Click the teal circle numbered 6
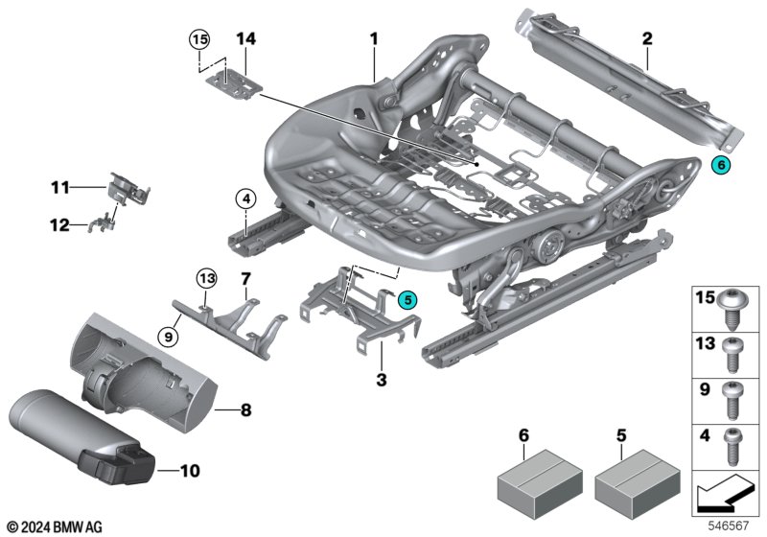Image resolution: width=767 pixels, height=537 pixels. pos(721,165)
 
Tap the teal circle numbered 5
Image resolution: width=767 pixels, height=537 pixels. pos(408,300)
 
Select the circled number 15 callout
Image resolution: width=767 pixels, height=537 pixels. pos(199,39)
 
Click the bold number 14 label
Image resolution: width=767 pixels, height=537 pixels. pos(246,38)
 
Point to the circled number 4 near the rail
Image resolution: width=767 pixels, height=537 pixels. pos(246,199)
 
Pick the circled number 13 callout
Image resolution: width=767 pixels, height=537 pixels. pos(207,279)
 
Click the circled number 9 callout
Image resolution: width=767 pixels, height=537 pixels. pos(169,337)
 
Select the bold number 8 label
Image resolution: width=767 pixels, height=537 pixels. pos(246,409)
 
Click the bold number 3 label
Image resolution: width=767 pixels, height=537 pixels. pos(382,380)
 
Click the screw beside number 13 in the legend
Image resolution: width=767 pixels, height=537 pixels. pos(732,355)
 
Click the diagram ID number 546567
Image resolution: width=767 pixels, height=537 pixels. pos(729,526)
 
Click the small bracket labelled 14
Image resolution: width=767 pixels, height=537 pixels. pos(234,85)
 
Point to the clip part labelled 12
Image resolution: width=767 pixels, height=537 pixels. pos(102,225)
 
